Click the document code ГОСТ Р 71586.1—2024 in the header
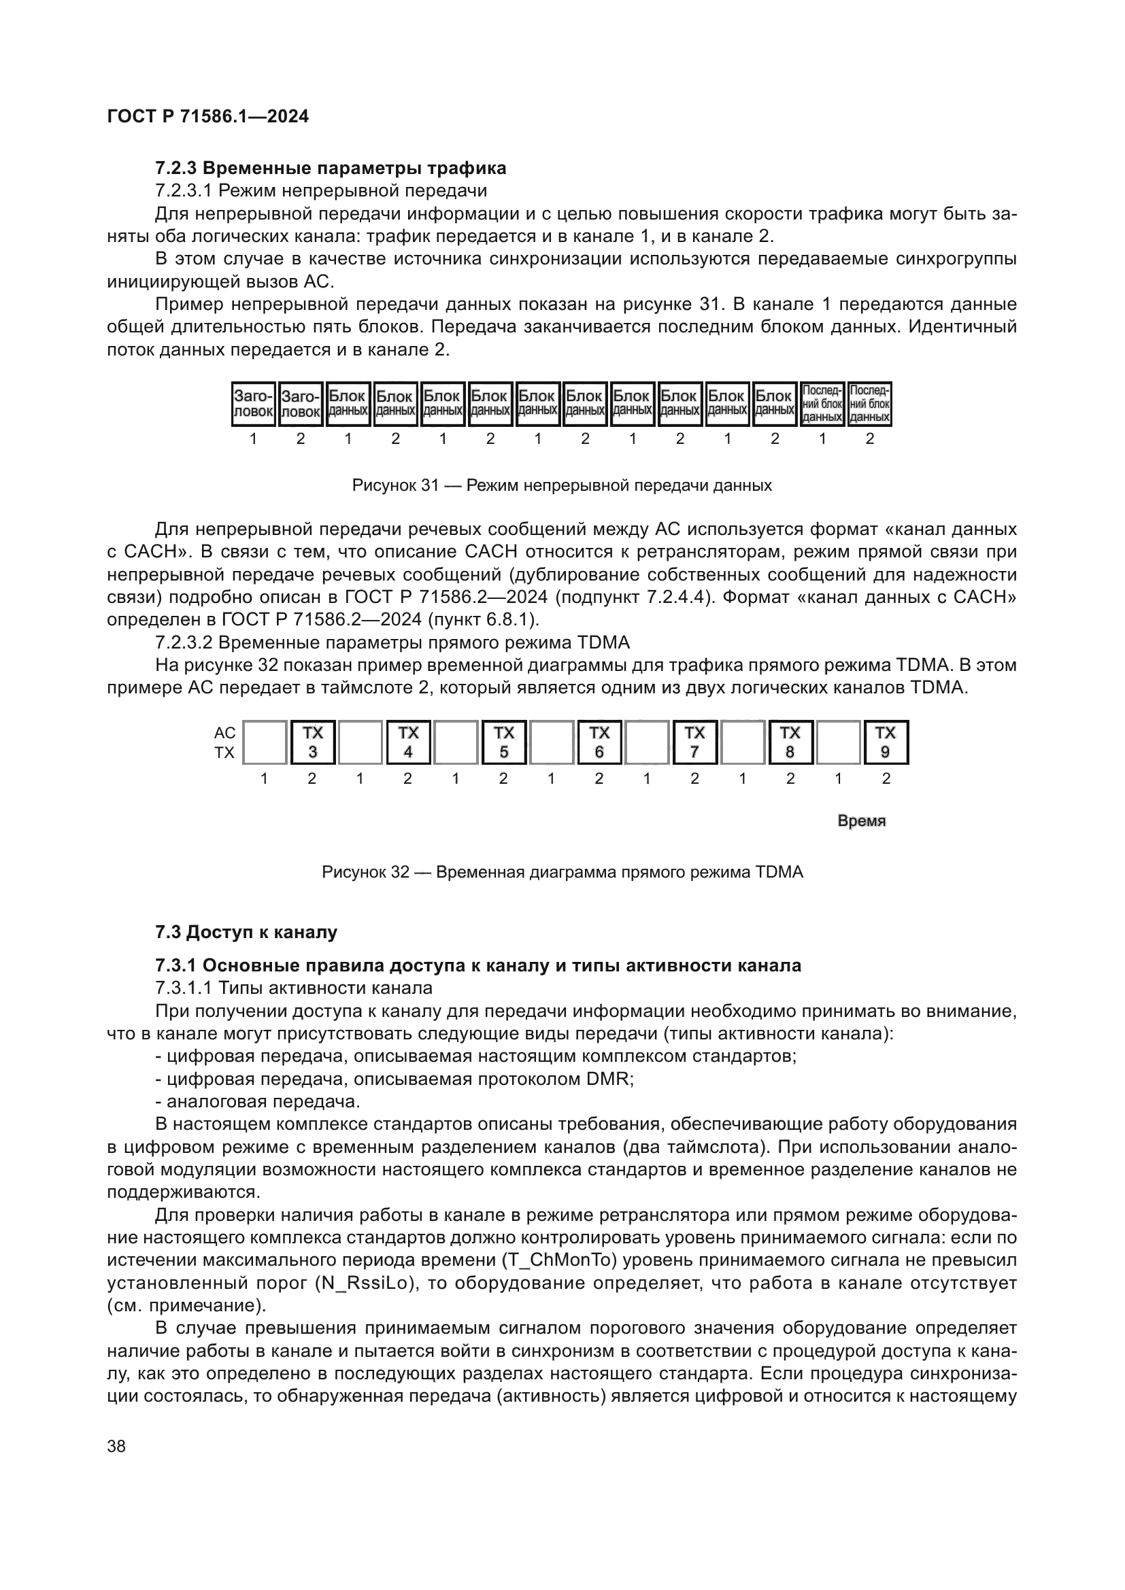(208, 116)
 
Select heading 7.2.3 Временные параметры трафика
(331, 169)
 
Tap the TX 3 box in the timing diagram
(313, 742)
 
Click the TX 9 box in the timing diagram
(886, 742)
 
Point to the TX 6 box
(599, 742)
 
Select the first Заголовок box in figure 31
(253, 404)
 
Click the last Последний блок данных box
(869, 404)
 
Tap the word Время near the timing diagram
(861, 821)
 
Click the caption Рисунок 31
(562, 485)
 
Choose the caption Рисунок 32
(562, 872)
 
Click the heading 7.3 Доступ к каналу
(246, 932)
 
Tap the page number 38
(116, 1446)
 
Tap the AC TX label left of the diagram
(224, 742)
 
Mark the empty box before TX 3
(265, 742)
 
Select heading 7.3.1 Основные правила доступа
(478, 965)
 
